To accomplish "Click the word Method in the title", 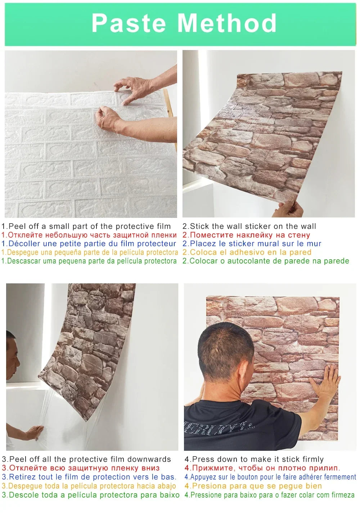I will [x=227, y=23].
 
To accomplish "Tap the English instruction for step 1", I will [x=86, y=226].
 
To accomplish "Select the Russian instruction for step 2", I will [x=246, y=235].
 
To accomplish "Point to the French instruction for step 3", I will [x=89, y=477].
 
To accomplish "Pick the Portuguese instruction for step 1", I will [x=89, y=261].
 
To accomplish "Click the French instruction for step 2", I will [x=252, y=244].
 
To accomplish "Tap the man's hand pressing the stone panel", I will [x=326, y=383].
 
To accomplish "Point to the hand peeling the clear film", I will [x=34, y=432].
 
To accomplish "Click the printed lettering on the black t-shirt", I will [x=216, y=428].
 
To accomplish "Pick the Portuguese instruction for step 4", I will [x=270, y=495].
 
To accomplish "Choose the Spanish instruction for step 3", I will [x=89, y=486].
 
